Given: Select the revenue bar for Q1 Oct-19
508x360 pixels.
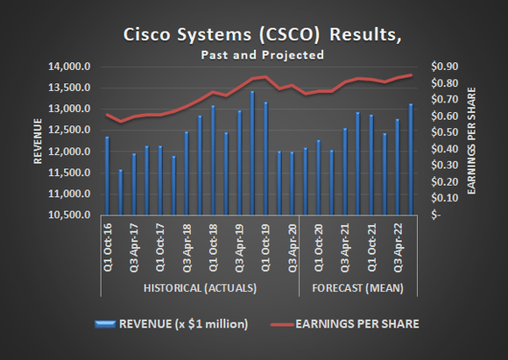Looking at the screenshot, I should coord(265,159).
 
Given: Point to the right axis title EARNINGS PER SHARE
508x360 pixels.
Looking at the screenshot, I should coord(473,140).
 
